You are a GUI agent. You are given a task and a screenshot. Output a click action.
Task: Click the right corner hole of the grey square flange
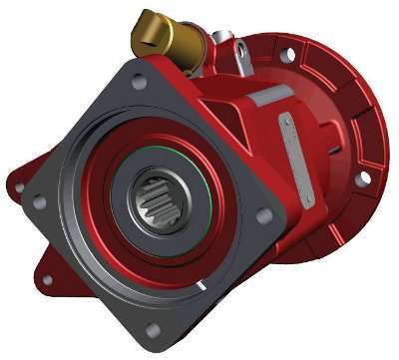(263, 215)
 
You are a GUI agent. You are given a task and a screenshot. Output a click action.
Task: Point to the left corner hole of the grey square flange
(39, 202)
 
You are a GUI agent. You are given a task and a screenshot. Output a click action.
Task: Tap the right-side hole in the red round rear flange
(364, 178)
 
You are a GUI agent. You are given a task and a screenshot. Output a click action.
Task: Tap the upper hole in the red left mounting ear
(18, 186)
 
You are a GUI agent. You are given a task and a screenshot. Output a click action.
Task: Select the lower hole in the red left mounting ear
(46, 280)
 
